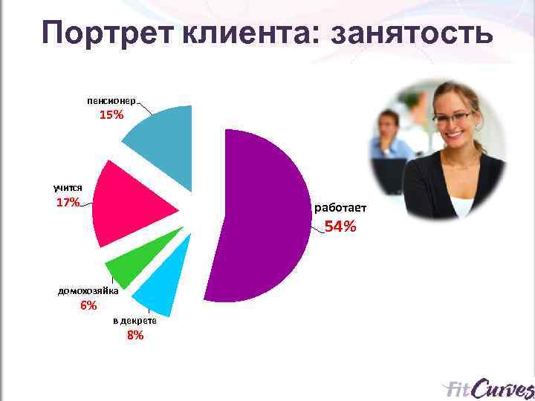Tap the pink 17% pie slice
126,204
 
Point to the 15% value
112,116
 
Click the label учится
68,188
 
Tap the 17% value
68,203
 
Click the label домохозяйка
88,291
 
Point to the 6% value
88,306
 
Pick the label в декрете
134,320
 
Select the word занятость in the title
410,33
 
